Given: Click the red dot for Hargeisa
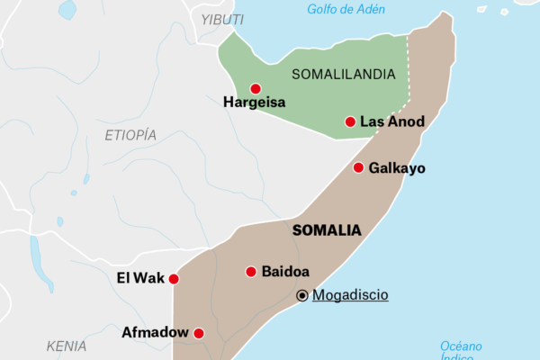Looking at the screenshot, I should (256, 88).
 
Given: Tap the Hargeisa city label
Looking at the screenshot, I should (255, 103).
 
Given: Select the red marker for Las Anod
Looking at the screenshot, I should (350, 121).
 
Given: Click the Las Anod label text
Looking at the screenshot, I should (392, 121).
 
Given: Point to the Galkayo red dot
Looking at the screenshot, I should (358, 167).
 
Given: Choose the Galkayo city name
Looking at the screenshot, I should (397, 168).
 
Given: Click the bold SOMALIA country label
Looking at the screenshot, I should (327, 230).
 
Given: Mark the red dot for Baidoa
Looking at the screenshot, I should (251, 271).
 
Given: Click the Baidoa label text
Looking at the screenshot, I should (285, 271).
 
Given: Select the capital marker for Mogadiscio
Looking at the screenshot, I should (302, 294).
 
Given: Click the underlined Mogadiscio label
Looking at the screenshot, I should (350, 294).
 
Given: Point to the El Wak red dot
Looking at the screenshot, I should (174, 279).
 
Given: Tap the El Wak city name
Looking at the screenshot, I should (141, 278).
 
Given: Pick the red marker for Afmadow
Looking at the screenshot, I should (199, 333).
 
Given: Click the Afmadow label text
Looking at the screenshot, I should (155, 333).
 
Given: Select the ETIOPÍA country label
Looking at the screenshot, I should (130, 135).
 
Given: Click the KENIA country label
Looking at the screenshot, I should (67, 346).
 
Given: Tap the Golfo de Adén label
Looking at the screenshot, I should (346, 10).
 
